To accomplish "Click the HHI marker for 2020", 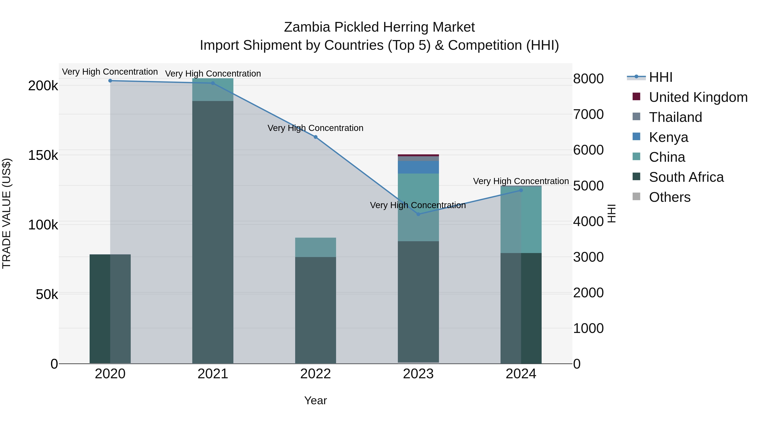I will tap(110, 81).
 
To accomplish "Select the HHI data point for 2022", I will tap(316, 137).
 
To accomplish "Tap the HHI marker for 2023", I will tap(418, 214).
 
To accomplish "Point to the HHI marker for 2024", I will tap(521, 190).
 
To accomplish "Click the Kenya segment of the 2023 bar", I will tap(418, 167).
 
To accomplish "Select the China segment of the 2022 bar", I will tap(316, 247).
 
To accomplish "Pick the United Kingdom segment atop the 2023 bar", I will tap(418, 155).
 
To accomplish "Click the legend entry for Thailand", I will tap(675, 117).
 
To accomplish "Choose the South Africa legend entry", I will tap(686, 177).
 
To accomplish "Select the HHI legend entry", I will tap(660, 77).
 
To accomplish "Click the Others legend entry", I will tap(669, 197).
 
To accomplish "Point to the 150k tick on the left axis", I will tap(43, 155).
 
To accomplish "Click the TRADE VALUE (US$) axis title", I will tap(7, 213).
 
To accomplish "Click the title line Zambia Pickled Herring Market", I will tap(379, 27).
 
